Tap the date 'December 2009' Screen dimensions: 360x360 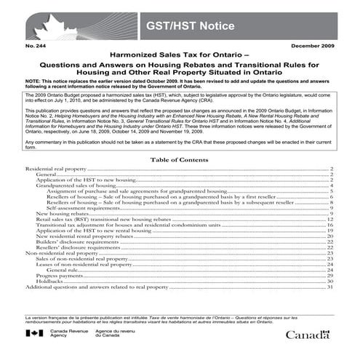point(311,46)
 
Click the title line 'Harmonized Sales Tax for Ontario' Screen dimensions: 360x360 point(180,55)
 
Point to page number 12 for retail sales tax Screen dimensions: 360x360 point(330,220)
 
